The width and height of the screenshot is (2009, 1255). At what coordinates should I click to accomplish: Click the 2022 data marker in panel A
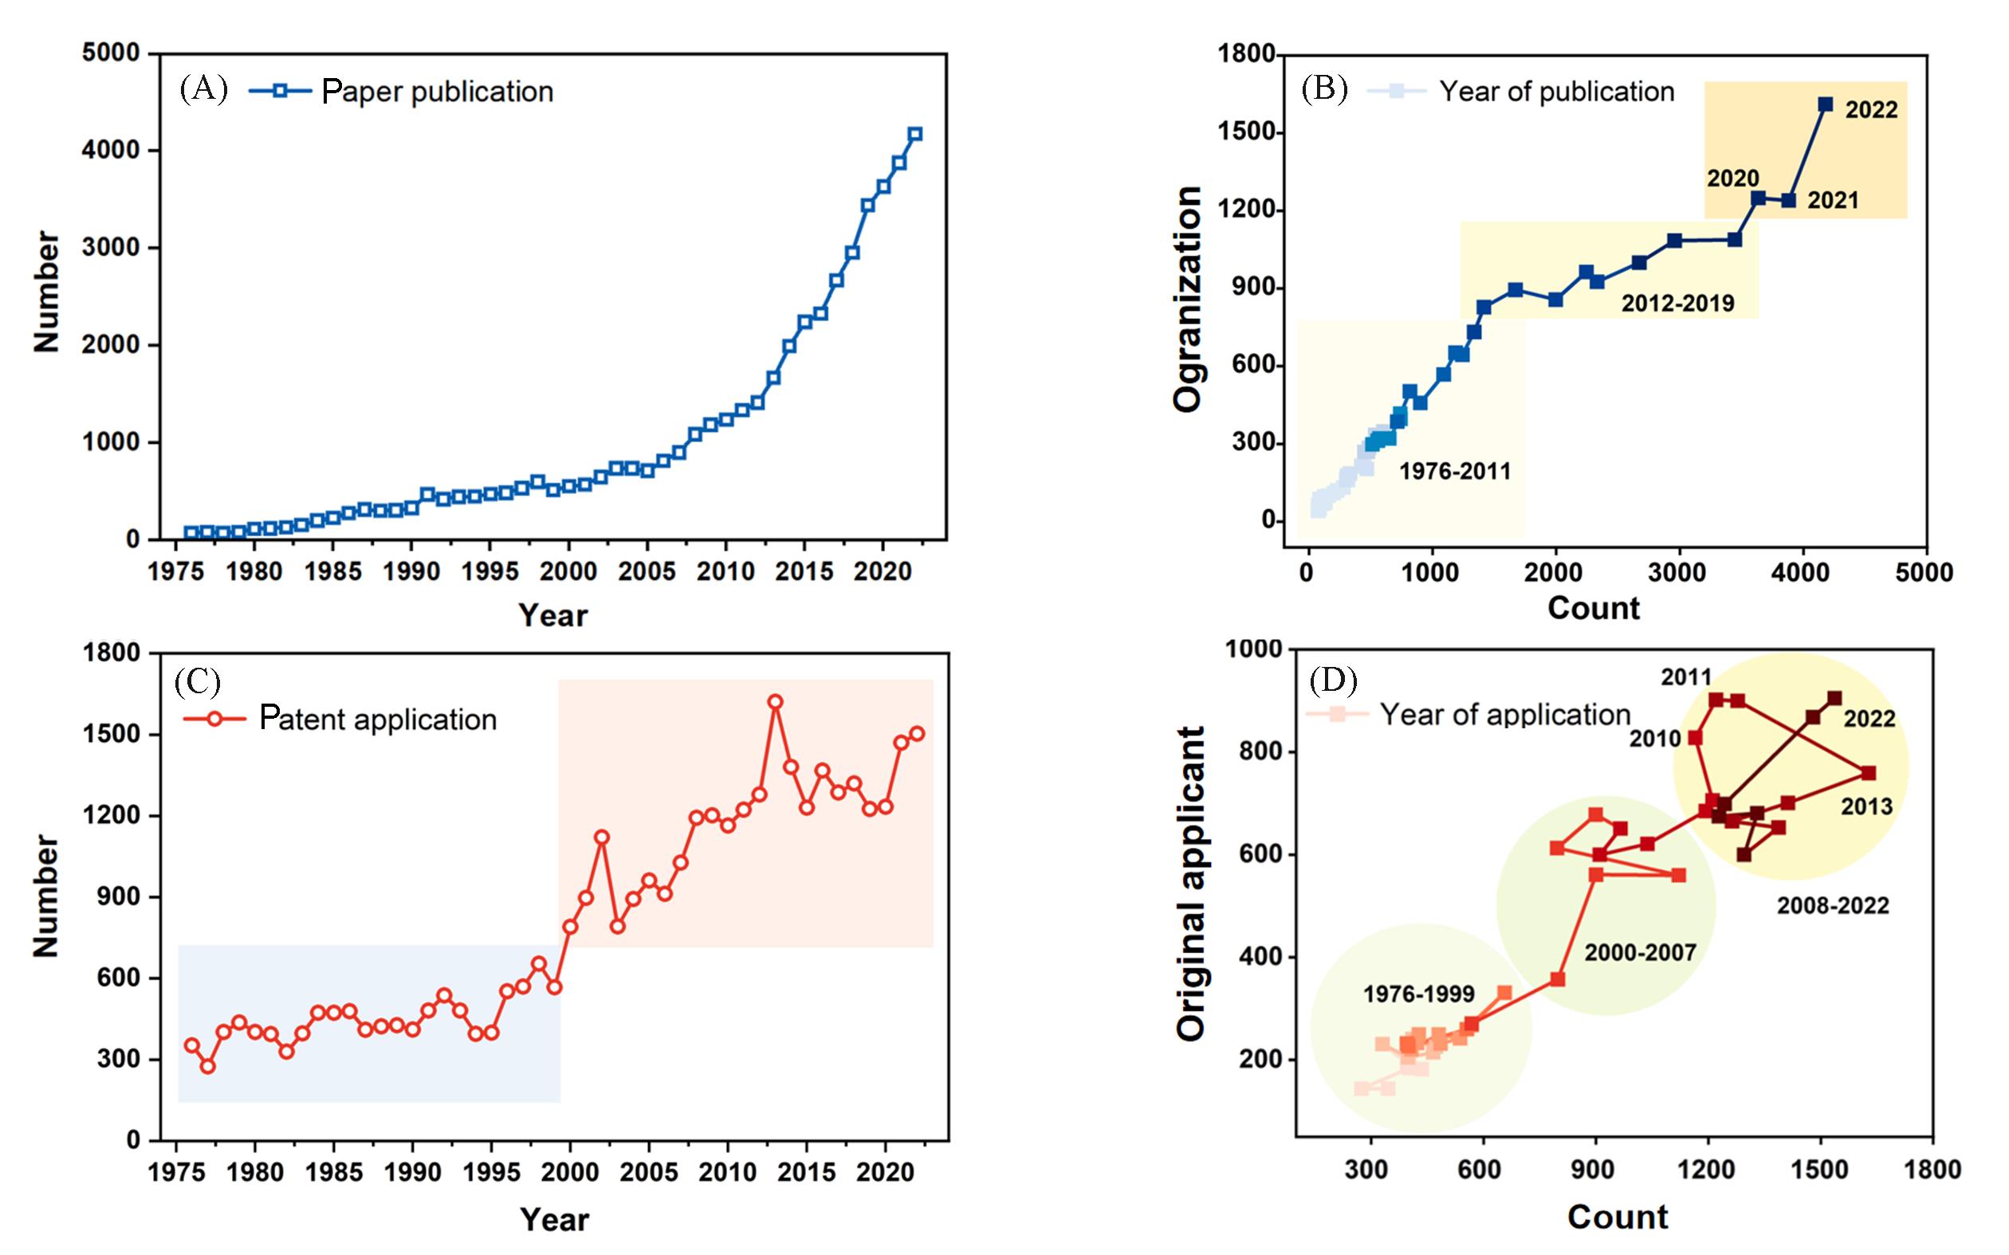coord(915,135)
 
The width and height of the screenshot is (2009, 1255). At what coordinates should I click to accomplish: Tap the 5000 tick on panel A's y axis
coord(110,54)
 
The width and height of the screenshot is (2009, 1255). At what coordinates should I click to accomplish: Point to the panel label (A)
coord(203,88)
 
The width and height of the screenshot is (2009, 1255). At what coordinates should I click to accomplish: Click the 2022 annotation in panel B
coord(1871,111)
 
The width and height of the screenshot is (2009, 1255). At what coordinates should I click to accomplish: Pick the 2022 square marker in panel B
coord(1826,104)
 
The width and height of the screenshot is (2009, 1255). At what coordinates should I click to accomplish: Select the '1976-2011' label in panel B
coord(1454,472)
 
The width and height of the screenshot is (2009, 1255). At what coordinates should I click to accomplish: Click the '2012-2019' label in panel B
coord(1678,303)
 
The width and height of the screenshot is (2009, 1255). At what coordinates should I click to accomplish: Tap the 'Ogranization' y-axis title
coord(1188,299)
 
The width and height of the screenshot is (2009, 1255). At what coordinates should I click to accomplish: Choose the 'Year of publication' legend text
coord(1556,92)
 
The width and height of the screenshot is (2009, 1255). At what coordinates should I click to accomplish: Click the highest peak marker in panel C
coord(776,702)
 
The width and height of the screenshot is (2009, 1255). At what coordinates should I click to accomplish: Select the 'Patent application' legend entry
coord(378,719)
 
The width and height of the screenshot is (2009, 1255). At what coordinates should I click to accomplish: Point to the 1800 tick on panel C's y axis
coord(110,653)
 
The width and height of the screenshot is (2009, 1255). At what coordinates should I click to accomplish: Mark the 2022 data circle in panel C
coord(917,734)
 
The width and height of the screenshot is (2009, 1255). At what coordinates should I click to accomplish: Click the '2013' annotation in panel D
coord(1866,806)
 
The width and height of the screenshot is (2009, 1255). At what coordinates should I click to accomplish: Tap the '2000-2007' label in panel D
coord(1640,952)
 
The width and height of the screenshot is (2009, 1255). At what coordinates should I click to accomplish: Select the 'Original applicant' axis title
coord(1190,883)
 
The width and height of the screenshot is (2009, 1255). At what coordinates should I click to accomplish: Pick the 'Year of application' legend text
coord(1505,715)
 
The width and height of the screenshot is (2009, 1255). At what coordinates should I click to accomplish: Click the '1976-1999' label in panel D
coord(1419,994)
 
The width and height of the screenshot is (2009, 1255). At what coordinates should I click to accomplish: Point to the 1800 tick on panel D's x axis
coord(1932,1171)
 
